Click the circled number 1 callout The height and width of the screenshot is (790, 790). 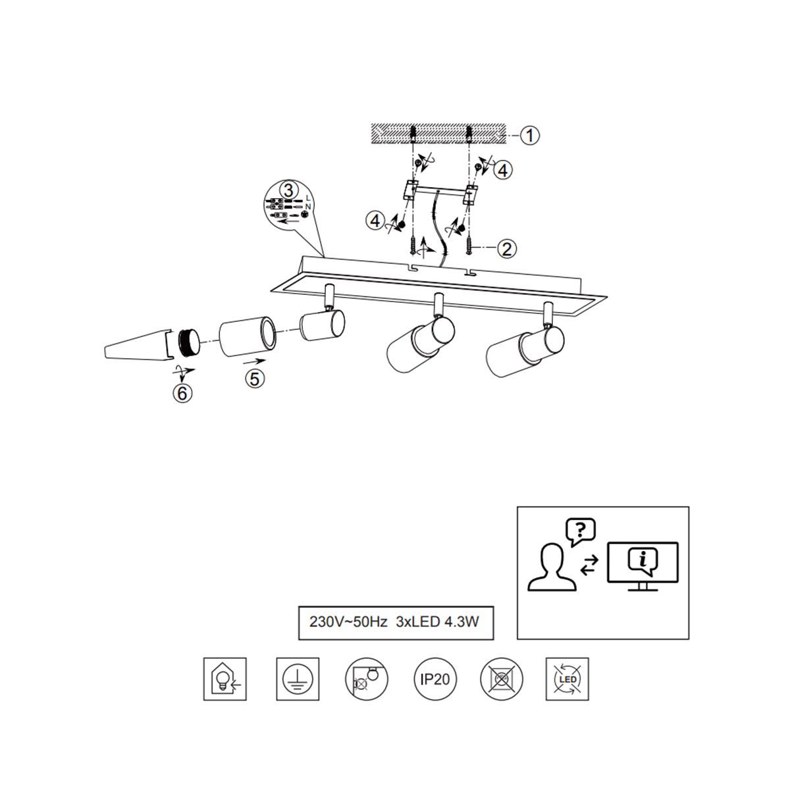tap(529, 135)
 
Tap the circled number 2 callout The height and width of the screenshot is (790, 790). tap(507, 248)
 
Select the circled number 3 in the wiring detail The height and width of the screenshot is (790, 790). tap(288, 191)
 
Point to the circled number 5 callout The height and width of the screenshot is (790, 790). tap(255, 379)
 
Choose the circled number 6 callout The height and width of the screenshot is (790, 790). tap(182, 393)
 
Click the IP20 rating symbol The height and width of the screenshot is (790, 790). tap(435, 679)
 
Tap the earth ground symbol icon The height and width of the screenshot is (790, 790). tap(298, 679)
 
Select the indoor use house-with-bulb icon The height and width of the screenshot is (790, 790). tap(225, 679)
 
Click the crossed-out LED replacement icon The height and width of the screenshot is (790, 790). tap(567, 679)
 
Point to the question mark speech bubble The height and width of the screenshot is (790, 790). tap(580, 532)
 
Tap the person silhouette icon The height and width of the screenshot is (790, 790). tap(552, 567)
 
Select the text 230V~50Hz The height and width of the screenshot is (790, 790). tap(348, 622)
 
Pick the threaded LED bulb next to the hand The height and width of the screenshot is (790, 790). tap(190, 343)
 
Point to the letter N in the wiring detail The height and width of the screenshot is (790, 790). tap(308, 207)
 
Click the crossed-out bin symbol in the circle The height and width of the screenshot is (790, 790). tap(502, 679)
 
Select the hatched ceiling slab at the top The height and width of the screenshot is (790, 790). tap(438, 134)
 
